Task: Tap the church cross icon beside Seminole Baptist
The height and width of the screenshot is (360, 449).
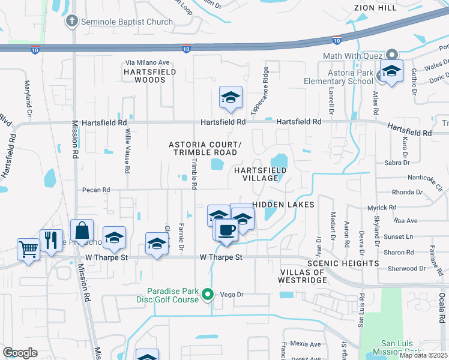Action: [71, 22]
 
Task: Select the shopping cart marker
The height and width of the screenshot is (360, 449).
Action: [29, 248]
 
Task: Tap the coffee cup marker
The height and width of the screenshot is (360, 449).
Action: [226, 230]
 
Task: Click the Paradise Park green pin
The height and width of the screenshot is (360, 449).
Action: [208, 294]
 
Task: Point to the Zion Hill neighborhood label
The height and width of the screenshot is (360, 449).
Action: [376, 8]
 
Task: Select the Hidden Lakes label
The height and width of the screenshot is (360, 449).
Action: [283, 205]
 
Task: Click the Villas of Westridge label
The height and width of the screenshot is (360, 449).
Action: [303, 276]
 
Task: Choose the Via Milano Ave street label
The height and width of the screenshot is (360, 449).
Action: [148, 62]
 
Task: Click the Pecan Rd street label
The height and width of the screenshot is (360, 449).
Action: [97, 190]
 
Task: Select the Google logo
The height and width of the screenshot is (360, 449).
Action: [20, 352]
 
